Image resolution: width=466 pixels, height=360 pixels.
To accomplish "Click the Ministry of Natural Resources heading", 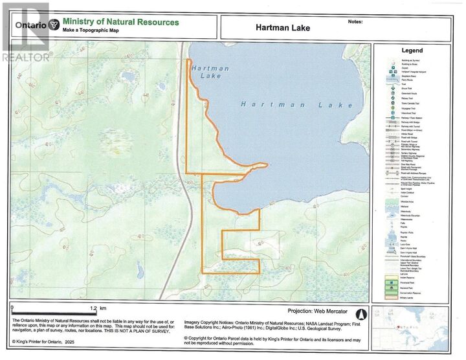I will pos(121,22).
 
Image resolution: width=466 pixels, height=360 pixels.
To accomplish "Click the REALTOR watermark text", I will pos(26,57).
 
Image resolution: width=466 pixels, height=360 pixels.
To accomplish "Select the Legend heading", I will pos(412,51).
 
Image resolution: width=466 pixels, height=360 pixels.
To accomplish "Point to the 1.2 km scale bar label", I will pos(98,308).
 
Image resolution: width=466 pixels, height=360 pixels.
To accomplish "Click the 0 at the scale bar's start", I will pos(12,308).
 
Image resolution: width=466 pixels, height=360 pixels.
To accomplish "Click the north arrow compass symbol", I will pos(362,315).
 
